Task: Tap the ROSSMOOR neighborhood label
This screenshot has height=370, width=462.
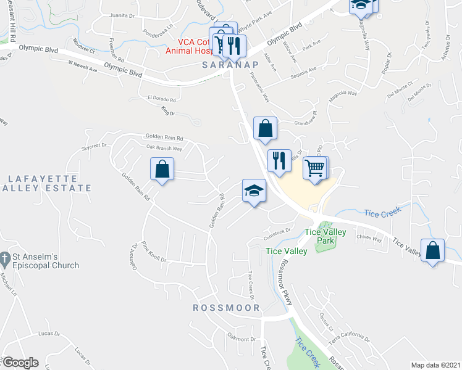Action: click(226, 307)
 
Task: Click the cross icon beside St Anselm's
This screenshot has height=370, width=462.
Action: click(4, 257)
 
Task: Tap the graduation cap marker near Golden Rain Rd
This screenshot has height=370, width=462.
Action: click(254, 192)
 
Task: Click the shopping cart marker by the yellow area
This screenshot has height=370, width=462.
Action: click(315, 168)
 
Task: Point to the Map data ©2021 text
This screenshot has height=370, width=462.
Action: click(435, 365)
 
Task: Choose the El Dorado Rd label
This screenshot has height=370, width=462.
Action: click(162, 99)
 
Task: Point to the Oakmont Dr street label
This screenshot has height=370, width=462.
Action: click(241, 339)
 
